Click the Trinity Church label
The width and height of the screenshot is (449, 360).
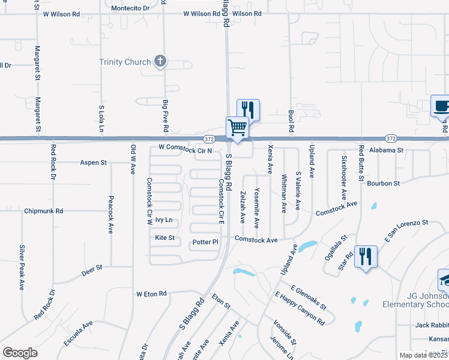click(x=125, y=62)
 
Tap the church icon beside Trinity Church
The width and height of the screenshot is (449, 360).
click(x=160, y=61)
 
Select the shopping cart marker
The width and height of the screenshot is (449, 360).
click(x=237, y=128)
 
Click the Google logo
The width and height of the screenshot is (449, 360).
click(x=20, y=353)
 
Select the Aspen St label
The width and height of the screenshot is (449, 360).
click(x=94, y=163)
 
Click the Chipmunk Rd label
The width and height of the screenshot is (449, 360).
click(x=44, y=211)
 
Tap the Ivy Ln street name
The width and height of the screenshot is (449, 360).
click(x=164, y=220)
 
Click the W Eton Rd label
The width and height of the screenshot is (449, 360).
click(x=151, y=294)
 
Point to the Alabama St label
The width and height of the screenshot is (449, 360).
click(x=386, y=150)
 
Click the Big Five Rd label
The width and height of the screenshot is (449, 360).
click(x=165, y=116)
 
